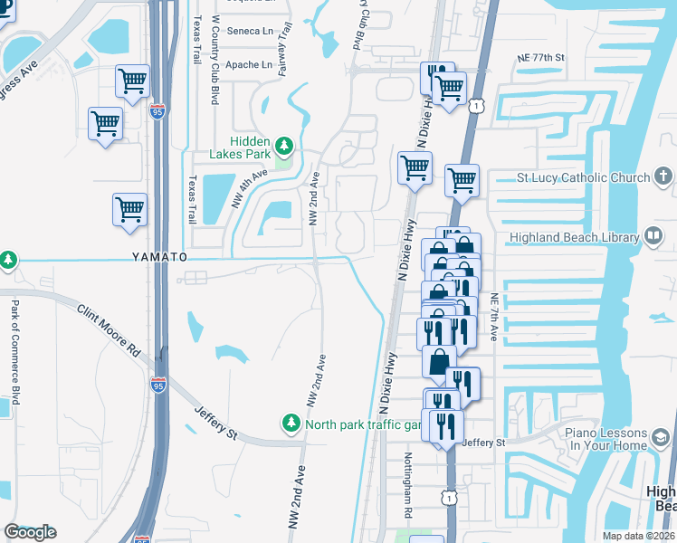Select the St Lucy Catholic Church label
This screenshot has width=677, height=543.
(583, 177)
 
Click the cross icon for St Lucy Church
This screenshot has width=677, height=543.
(663, 176)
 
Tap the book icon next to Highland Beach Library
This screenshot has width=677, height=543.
(653, 237)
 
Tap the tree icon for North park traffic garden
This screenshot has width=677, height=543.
(291, 424)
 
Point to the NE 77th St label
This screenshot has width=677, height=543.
(540, 57)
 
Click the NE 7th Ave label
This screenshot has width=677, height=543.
(494, 317)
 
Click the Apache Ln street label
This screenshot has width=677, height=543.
(248, 65)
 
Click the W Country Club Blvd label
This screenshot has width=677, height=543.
(215, 59)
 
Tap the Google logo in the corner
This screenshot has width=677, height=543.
(30, 532)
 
